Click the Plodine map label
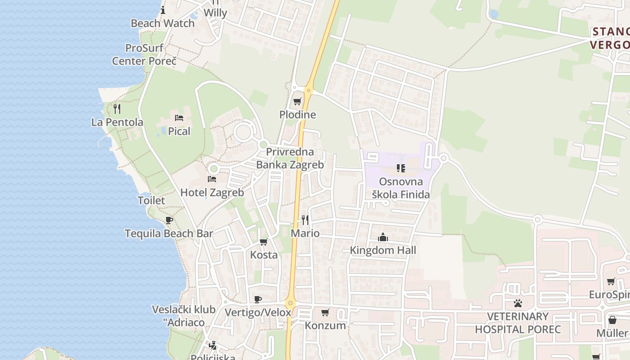tap(297, 115)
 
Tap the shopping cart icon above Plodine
tap(297, 101)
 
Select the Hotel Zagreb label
tap(212, 193)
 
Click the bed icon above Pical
tap(179, 118)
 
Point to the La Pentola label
tap(117, 122)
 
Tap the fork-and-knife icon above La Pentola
tap(117, 108)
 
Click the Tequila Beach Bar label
tap(169, 234)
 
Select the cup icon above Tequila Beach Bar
tap(169, 220)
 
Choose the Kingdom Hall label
tap(383, 250)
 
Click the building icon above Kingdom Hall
tap(383, 237)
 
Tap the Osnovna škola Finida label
tap(400, 188)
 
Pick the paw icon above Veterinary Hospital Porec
tap(518, 303)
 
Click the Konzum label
tap(325, 325)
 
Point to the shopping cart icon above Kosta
tap(264, 242)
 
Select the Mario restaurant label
tap(305, 233)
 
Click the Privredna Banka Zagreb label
tap(290, 158)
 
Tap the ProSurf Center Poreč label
tap(144, 54)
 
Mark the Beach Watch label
tap(162, 23)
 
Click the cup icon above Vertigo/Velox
tap(258, 299)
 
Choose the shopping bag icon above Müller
tap(612, 320)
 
